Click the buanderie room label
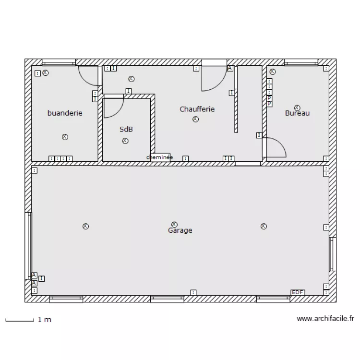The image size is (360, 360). tap(65, 113)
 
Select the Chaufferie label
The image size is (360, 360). tap(197, 109)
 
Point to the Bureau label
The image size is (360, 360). tap(297, 113)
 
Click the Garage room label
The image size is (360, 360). tap(180, 230)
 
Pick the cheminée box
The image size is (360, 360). tap(160, 157)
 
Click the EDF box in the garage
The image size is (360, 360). tap(298, 292)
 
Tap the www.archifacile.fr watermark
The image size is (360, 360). tap(325, 318)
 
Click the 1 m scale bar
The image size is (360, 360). tap(19, 319)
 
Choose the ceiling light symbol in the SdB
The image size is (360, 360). tap(125, 141)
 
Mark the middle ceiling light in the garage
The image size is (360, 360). tap(174, 224)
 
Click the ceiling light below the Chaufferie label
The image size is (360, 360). tap(195, 120)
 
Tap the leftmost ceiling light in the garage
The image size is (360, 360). tap(85, 226)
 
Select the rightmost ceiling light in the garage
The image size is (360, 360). tap(263, 226)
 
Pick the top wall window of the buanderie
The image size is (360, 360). tap(59, 62)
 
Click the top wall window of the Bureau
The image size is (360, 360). tap(301, 62)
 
